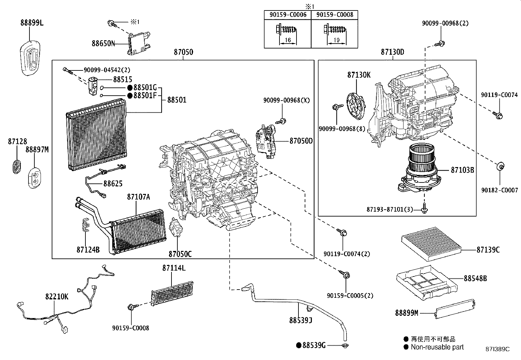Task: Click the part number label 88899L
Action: (x=32, y=23)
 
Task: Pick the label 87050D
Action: (x=301, y=141)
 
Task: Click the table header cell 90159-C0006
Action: (x=288, y=15)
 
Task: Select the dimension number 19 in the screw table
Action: (x=336, y=40)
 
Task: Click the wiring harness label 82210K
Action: (x=57, y=296)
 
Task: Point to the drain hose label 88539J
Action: (x=300, y=320)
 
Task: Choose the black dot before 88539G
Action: (x=298, y=345)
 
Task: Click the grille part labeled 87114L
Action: (x=172, y=292)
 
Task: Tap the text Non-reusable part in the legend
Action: (x=437, y=347)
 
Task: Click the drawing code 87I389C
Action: (x=497, y=349)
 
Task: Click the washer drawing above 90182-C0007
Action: (x=500, y=166)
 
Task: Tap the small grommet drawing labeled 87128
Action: (x=16, y=165)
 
